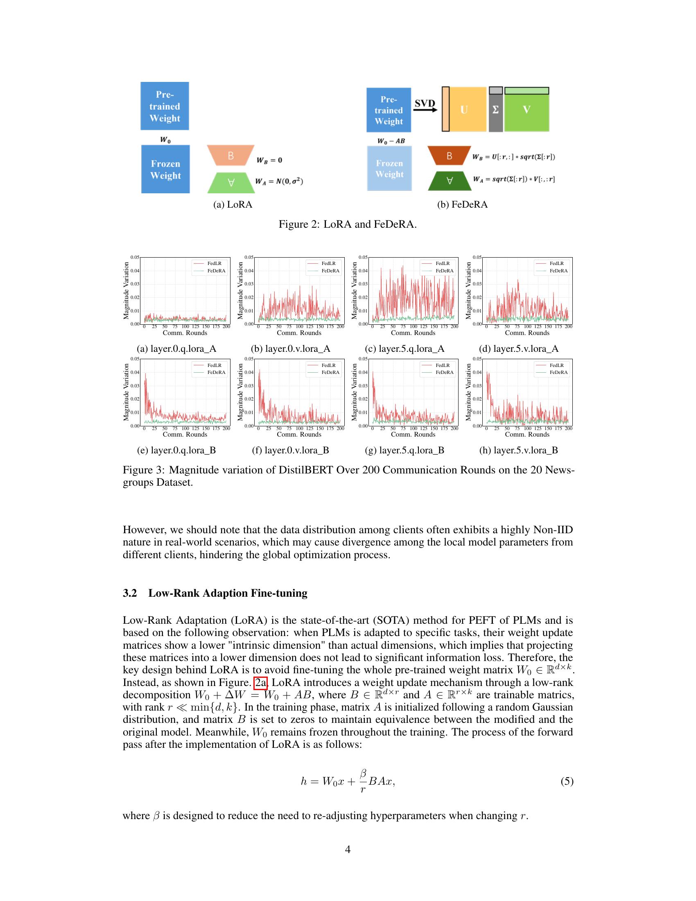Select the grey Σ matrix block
tap(496, 110)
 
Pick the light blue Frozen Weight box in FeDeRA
tap(389, 169)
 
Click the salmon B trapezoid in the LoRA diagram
tap(230, 156)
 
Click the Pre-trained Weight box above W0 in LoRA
tap(165, 106)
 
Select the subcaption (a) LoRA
tap(233, 205)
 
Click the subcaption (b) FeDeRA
tap(462, 205)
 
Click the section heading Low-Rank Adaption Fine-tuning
tap(228, 593)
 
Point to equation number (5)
tap(567, 781)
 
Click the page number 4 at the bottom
tap(348, 849)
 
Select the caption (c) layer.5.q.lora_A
tap(404, 349)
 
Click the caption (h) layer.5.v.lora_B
tap(518, 450)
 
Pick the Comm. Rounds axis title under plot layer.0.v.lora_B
tap(299, 434)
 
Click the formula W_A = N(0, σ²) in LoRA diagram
tap(279, 181)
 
